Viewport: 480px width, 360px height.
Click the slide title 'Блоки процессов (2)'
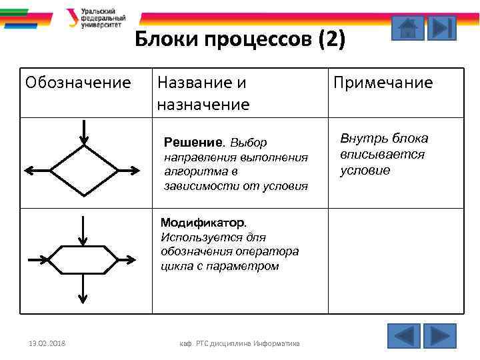pyautogui.click(x=240, y=40)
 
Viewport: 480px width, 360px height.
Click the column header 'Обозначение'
pyautogui.click(x=78, y=83)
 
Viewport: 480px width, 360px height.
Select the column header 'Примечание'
pyautogui.click(x=383, y=83)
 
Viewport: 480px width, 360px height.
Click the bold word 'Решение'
pyautogui.click(x=193, y=143)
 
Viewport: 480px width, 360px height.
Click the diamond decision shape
pyautogui.click(x=83, y=169)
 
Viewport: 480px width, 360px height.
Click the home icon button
pyautogui.click(x=407, y=29)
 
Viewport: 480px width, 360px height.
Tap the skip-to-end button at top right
pyautogui.click(x=441, y=29)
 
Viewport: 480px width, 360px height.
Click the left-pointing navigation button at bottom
pyautogui.click(x=403, y=335)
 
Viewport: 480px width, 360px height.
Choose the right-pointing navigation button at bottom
pyautogui.click(x=439, y=335)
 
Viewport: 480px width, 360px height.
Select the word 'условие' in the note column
pyautogui.click(x=365, y=171)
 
